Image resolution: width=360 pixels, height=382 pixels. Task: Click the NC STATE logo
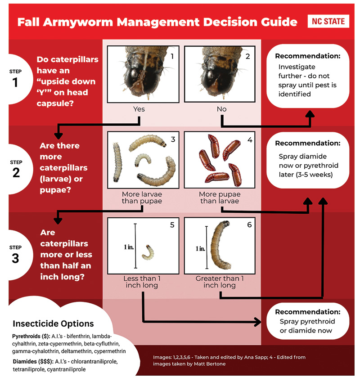(328, 22)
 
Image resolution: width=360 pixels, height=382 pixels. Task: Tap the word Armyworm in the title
(78, 22)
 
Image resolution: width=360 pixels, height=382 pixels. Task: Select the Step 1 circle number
(15, 82)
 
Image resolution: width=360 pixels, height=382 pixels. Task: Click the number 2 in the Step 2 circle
(16, 173)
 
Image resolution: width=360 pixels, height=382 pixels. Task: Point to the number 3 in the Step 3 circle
(15, 258)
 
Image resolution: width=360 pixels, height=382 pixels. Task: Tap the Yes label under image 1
(139, 109)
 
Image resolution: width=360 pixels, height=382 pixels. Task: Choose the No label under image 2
(222, 109)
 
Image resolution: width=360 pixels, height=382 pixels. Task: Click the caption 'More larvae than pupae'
(142, 198)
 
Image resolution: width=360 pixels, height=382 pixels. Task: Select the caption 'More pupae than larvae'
(220, 198)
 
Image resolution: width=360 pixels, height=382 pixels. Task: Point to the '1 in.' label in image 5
(129, 247)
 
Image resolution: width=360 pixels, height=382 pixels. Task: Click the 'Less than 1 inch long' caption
(142, 282)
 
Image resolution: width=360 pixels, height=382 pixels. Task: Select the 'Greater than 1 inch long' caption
(220, 282)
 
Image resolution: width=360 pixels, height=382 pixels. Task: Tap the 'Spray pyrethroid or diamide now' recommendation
(307, 326)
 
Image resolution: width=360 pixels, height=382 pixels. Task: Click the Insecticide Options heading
(53, 324)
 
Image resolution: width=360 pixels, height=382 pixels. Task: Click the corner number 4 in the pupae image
(250, 140)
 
